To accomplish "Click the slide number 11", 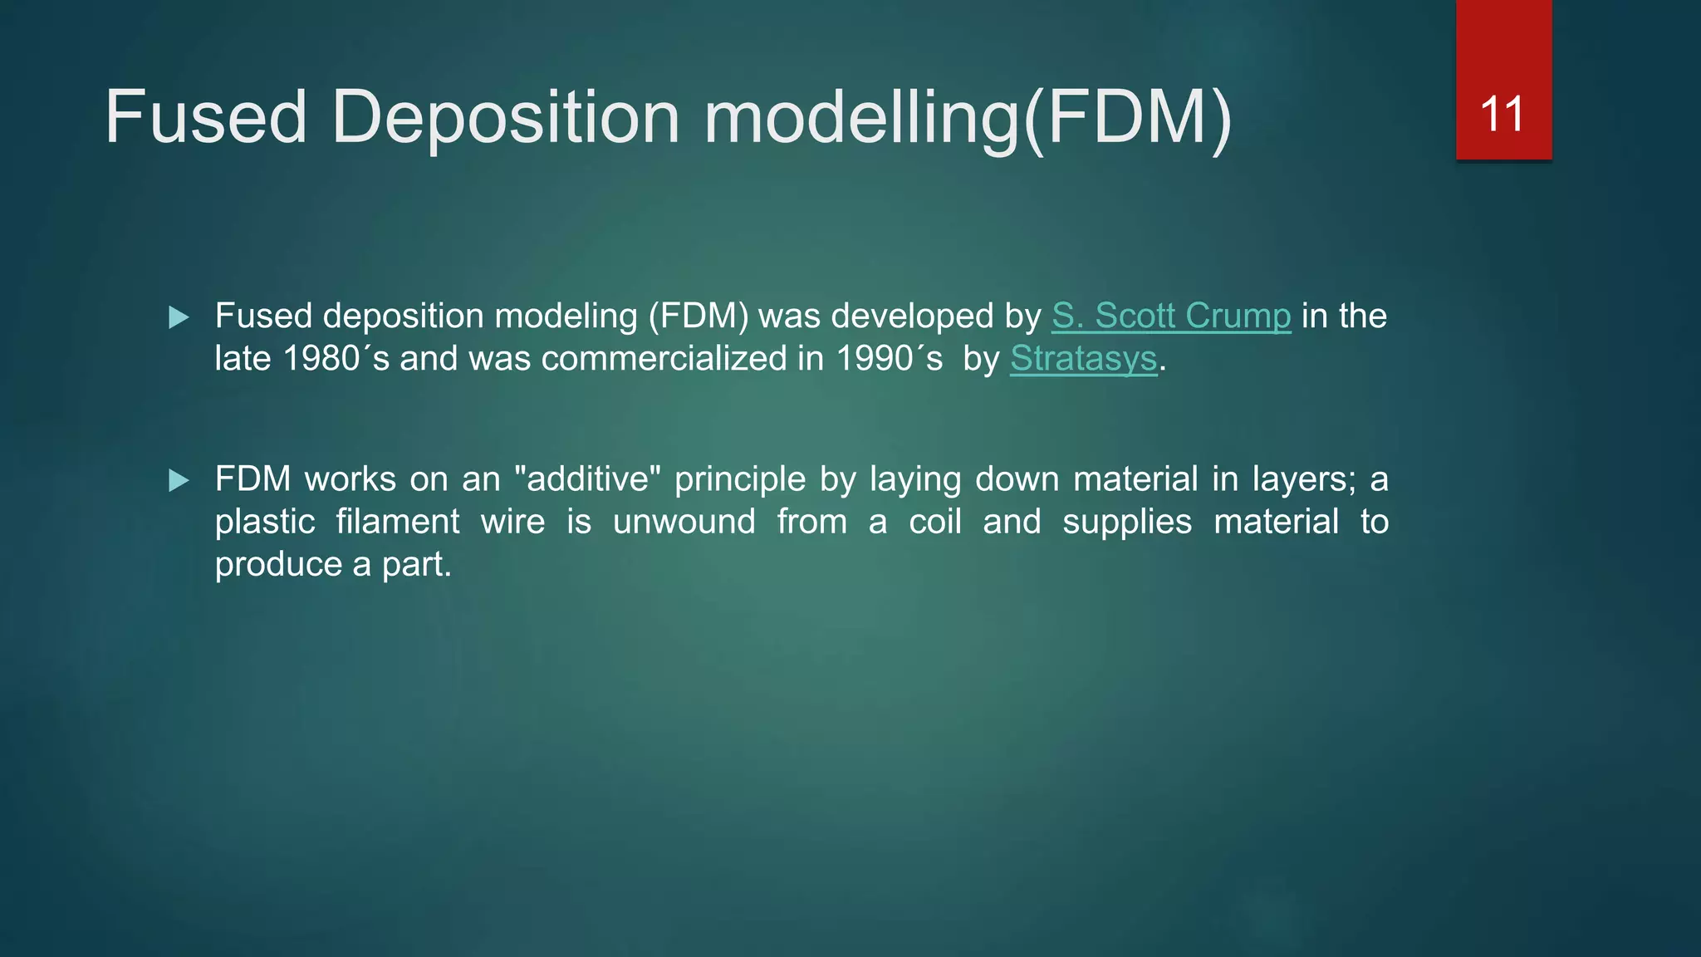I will tap(1502, 114).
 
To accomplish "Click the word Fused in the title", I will tap(205, 117).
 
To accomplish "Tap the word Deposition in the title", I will tap(506, 117).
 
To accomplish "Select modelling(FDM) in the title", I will tap(968, 117).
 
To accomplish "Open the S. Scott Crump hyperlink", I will tap(1170, 316).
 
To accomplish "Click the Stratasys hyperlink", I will tap(1083, 359).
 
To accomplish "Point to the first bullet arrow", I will tap(179, 317).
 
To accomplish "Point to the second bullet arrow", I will tap(179, 480).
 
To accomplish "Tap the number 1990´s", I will tap(889, 359).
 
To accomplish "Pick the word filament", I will tap(397, 522).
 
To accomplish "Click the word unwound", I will tap(684, 522).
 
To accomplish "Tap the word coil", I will tap(934, 522).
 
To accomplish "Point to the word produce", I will tap(278, 565).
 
